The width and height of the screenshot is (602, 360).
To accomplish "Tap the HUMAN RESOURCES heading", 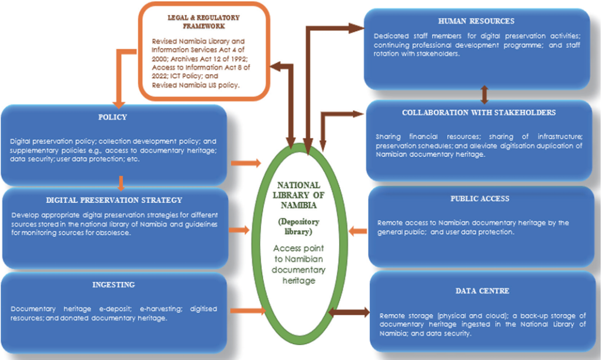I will click(x=476, y=21).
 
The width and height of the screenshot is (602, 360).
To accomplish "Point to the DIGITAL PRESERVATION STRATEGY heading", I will click(x=113, y=200).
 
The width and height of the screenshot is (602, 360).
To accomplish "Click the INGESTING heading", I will click(x=113, y=285).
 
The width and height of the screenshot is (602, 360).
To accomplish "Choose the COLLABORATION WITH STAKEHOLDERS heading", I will click(x=479, y=112).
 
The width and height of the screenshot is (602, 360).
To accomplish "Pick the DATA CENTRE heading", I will click(x=482, y=291).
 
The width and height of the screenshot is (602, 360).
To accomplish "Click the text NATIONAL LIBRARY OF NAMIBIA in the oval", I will click(x=299, y=194).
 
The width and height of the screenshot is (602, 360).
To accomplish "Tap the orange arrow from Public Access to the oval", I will click(x=356, y=231).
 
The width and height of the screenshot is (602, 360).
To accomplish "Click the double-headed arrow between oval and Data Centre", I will click(x=348, y=312).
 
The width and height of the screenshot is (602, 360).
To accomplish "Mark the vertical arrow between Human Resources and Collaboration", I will click(x=484, y=94).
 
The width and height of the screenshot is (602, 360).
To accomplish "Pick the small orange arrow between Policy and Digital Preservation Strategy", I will click(x=121, y=183).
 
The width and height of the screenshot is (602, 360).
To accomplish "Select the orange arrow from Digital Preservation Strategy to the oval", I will click(x=239, y=229).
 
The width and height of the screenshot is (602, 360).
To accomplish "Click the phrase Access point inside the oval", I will click(x=298, y=249).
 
